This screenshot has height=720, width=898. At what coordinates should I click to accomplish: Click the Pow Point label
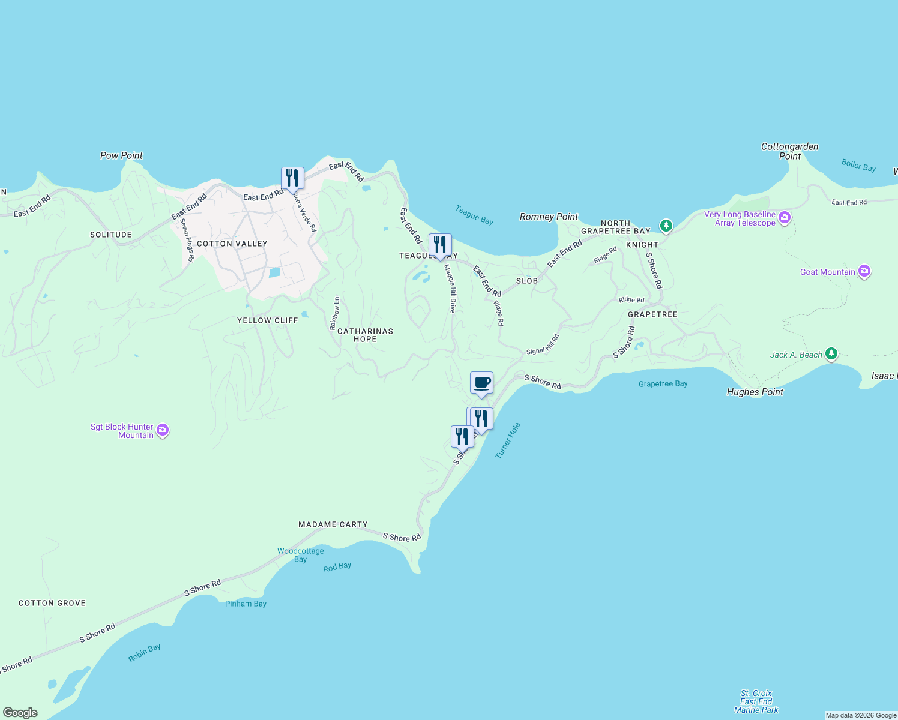pos(121,155)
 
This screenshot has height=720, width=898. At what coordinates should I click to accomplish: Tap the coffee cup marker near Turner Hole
pos(481,383)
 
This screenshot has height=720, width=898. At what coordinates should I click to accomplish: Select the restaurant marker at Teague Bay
pos(440,245)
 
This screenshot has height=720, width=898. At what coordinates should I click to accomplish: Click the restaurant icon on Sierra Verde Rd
pos(292,178)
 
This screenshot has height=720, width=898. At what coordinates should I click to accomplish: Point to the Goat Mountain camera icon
pos(864,272)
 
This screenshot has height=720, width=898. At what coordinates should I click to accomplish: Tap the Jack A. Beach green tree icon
pos(831,354)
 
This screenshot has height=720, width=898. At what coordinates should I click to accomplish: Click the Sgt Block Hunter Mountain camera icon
pos(163,430)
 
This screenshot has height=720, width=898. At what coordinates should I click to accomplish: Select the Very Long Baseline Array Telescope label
pos(740,218)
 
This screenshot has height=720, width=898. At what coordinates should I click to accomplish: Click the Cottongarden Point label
pos(789,151)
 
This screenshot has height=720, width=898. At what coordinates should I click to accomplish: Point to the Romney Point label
pos(549,217)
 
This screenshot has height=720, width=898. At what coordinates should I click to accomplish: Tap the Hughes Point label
pos(755,392)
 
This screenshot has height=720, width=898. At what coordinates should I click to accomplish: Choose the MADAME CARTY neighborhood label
pos(333,524)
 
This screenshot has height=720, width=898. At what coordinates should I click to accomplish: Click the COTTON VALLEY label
pos(232,244)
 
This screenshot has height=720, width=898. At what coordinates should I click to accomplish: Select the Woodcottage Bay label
pos(300,555)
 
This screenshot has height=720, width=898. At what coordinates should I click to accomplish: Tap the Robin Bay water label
pos(144,653)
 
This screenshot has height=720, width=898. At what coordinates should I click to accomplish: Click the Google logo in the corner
pos(20,713)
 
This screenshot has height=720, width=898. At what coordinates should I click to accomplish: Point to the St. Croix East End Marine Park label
pos(756,701)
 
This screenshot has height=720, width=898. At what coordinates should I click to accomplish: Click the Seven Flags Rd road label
pos(187,240)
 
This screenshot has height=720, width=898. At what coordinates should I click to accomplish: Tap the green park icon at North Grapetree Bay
pos(666,226)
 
